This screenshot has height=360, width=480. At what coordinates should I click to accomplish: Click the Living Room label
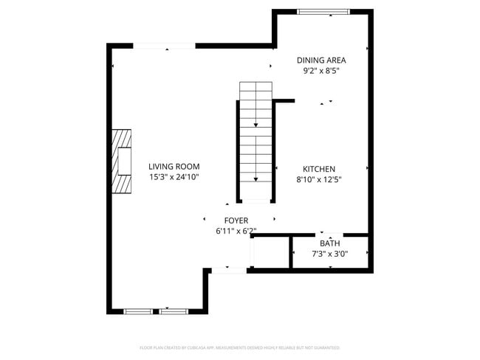click(174, 167)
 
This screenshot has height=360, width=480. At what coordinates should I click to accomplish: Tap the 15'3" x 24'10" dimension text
click(174, 177)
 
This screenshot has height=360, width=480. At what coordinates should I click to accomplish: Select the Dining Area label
click(321, 60)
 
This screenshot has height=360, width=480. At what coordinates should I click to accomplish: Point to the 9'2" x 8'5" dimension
click(321, 72)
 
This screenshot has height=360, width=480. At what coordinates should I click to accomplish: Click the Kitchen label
click(320, 169)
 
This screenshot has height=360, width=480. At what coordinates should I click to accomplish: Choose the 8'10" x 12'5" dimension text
click(320, 179)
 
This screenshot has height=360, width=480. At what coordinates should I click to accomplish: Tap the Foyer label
click(236, 221)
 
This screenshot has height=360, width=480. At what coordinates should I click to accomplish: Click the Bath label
click(330, 243)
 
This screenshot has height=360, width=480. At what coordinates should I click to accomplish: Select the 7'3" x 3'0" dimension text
click(330, 255)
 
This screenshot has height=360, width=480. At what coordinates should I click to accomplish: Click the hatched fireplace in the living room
click(122, 162)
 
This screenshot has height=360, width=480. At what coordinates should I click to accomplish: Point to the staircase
click(256, 140)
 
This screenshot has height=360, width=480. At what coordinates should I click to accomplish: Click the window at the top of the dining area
click(323, 12)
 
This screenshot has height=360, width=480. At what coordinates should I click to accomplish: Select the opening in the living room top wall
click(165, 46)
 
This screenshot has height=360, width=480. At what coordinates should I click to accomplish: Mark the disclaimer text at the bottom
click(239, 347)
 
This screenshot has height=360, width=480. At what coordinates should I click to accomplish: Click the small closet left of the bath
click(270, 254)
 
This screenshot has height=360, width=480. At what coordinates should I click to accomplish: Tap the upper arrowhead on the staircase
click(256, 125)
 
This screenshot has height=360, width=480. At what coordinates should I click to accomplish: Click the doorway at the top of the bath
click(330, 235)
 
